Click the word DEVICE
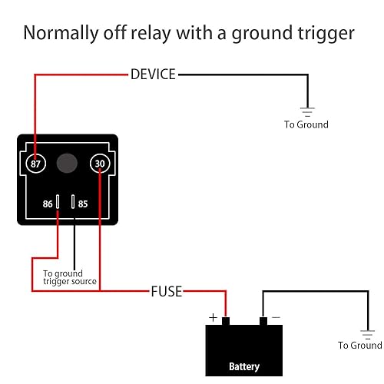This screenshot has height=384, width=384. [x=153, y=74]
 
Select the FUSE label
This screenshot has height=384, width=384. [x=166, y=292]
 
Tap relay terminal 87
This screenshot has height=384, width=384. [x=35, y=163]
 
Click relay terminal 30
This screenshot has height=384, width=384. [x=100, y=163]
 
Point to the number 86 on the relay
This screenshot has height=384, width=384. [x=47, y=204]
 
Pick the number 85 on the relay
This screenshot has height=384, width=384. [x=84, y=204]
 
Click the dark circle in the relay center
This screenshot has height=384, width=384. [x=68, y=163]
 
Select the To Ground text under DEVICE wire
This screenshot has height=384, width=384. [x=306, y=124]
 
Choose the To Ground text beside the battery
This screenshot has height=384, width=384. [x=359, y=346]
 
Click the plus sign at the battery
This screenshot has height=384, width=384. [x=213, y=316]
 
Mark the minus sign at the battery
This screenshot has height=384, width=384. [x=276, y=316]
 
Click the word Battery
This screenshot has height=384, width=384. [x=244, y=366]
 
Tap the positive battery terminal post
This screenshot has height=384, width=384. [x=227, y=320]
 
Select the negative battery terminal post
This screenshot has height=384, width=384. [x=263, y=320]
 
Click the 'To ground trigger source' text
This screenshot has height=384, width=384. [x=69, y=277]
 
